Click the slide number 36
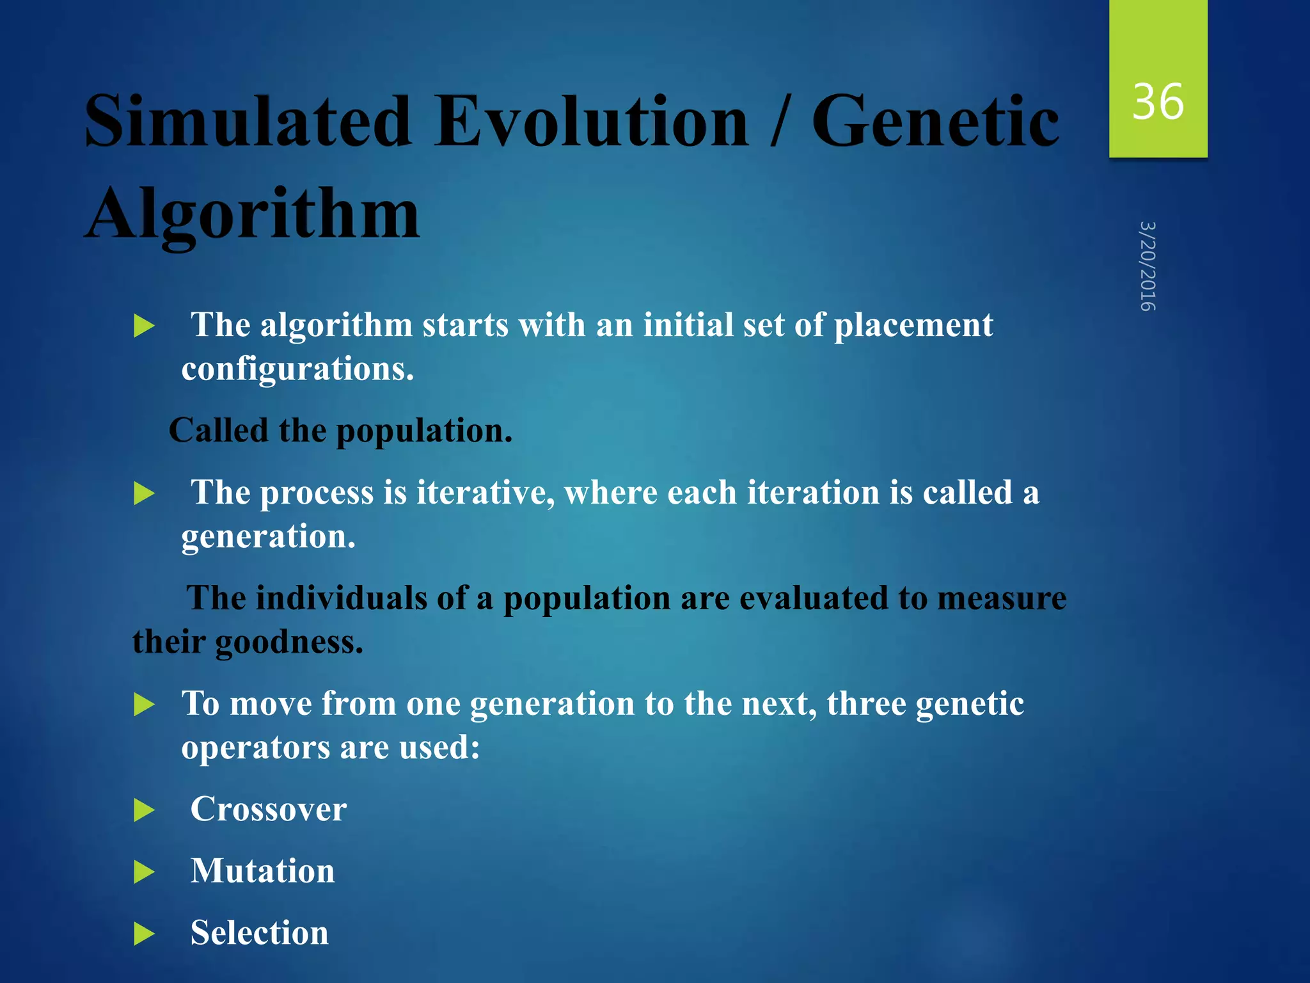coord(1158,102)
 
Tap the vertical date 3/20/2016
coord(1148,266)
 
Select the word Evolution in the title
coord(591,122)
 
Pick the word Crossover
coord(269,809)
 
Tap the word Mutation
coord(263,871)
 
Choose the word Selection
coord(260,932)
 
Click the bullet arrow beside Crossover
coord(145,810)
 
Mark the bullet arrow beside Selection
coord(145,934)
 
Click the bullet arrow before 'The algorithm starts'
coord(145,326)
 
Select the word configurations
coord(298,369)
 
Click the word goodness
coord(289,642)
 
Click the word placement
coord(913,325)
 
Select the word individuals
coord(342,598)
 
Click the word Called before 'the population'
coord(219,431)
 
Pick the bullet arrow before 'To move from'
coord(145,705)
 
